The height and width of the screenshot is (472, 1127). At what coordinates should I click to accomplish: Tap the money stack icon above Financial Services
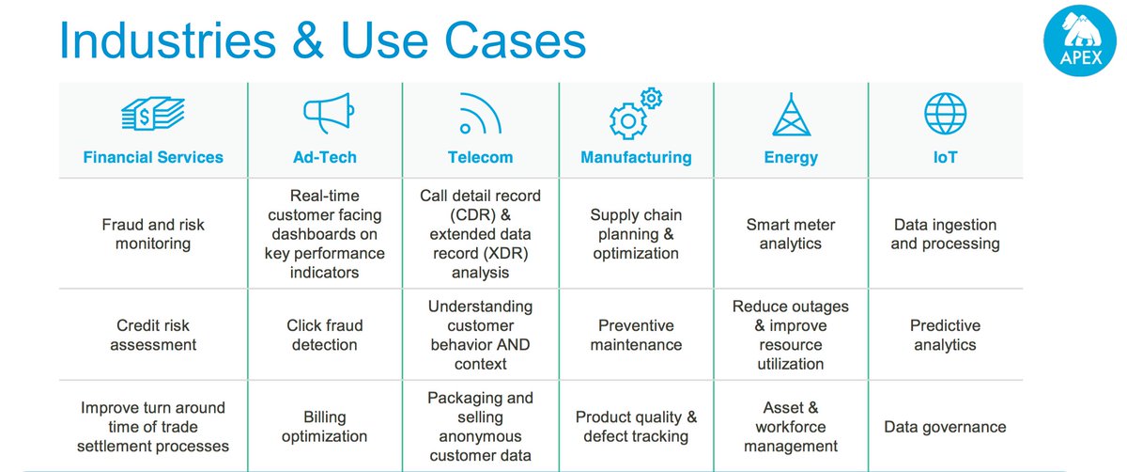pyautogui.click(x=153, y=117)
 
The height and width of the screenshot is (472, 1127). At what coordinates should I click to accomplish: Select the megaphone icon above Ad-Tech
pyautogui.click(x=326, y=115)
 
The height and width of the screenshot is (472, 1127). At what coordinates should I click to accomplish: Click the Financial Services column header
pyautogui.click(x=153, y=157)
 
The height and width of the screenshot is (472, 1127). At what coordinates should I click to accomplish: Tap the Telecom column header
pyautogui.click(x=480, y=157)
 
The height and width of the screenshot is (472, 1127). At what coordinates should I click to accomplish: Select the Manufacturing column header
pyautogui.click(x=636, y=157)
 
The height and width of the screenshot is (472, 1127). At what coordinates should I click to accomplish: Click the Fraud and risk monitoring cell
pyautogui.click(x=153, y=234)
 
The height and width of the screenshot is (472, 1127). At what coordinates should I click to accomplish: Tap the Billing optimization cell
pyautogui.click(x=325, y=426)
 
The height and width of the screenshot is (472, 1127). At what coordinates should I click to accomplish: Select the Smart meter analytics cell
pyautogui.click(x=791, y=234)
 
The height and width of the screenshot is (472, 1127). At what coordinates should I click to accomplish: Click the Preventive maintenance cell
pyautogui.click(x=636, y=335)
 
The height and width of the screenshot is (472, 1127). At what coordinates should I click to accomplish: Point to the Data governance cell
pyautogui.click(x=945, y=427)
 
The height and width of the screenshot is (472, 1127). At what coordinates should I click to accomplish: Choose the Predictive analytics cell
pyautogui.click(x=945, y=335)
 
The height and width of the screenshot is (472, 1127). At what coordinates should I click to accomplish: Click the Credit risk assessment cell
pyautogui.click(x=153, y=335)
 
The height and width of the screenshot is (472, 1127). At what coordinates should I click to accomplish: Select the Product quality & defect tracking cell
pyautogui.click(x=636, y=426)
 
